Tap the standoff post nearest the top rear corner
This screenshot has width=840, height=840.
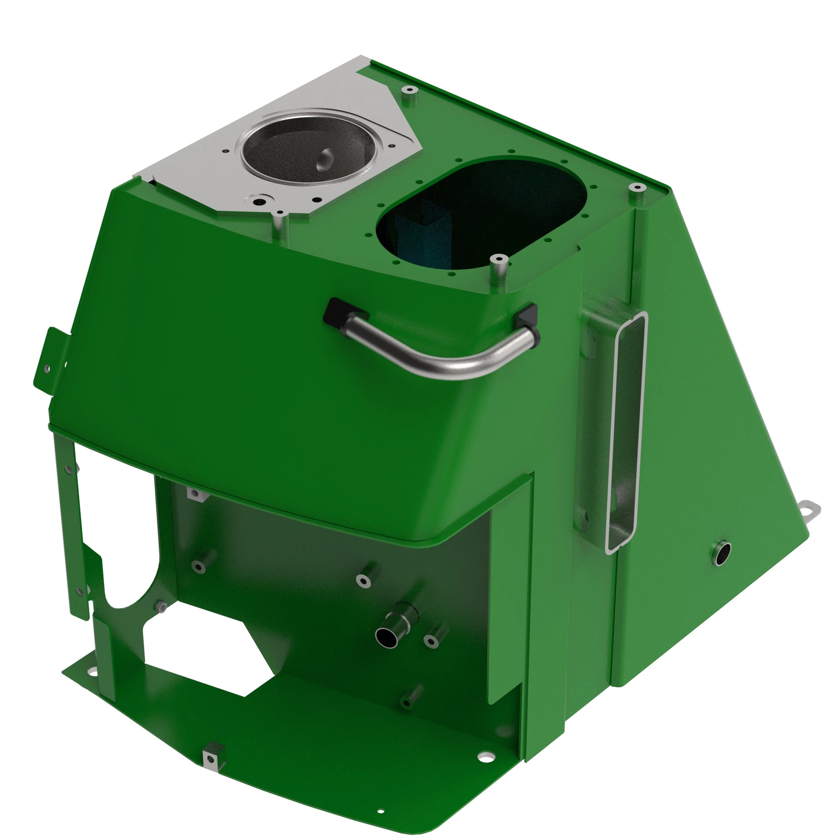click(x=409, y=91)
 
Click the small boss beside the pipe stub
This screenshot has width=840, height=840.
click(x=432, y=640)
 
